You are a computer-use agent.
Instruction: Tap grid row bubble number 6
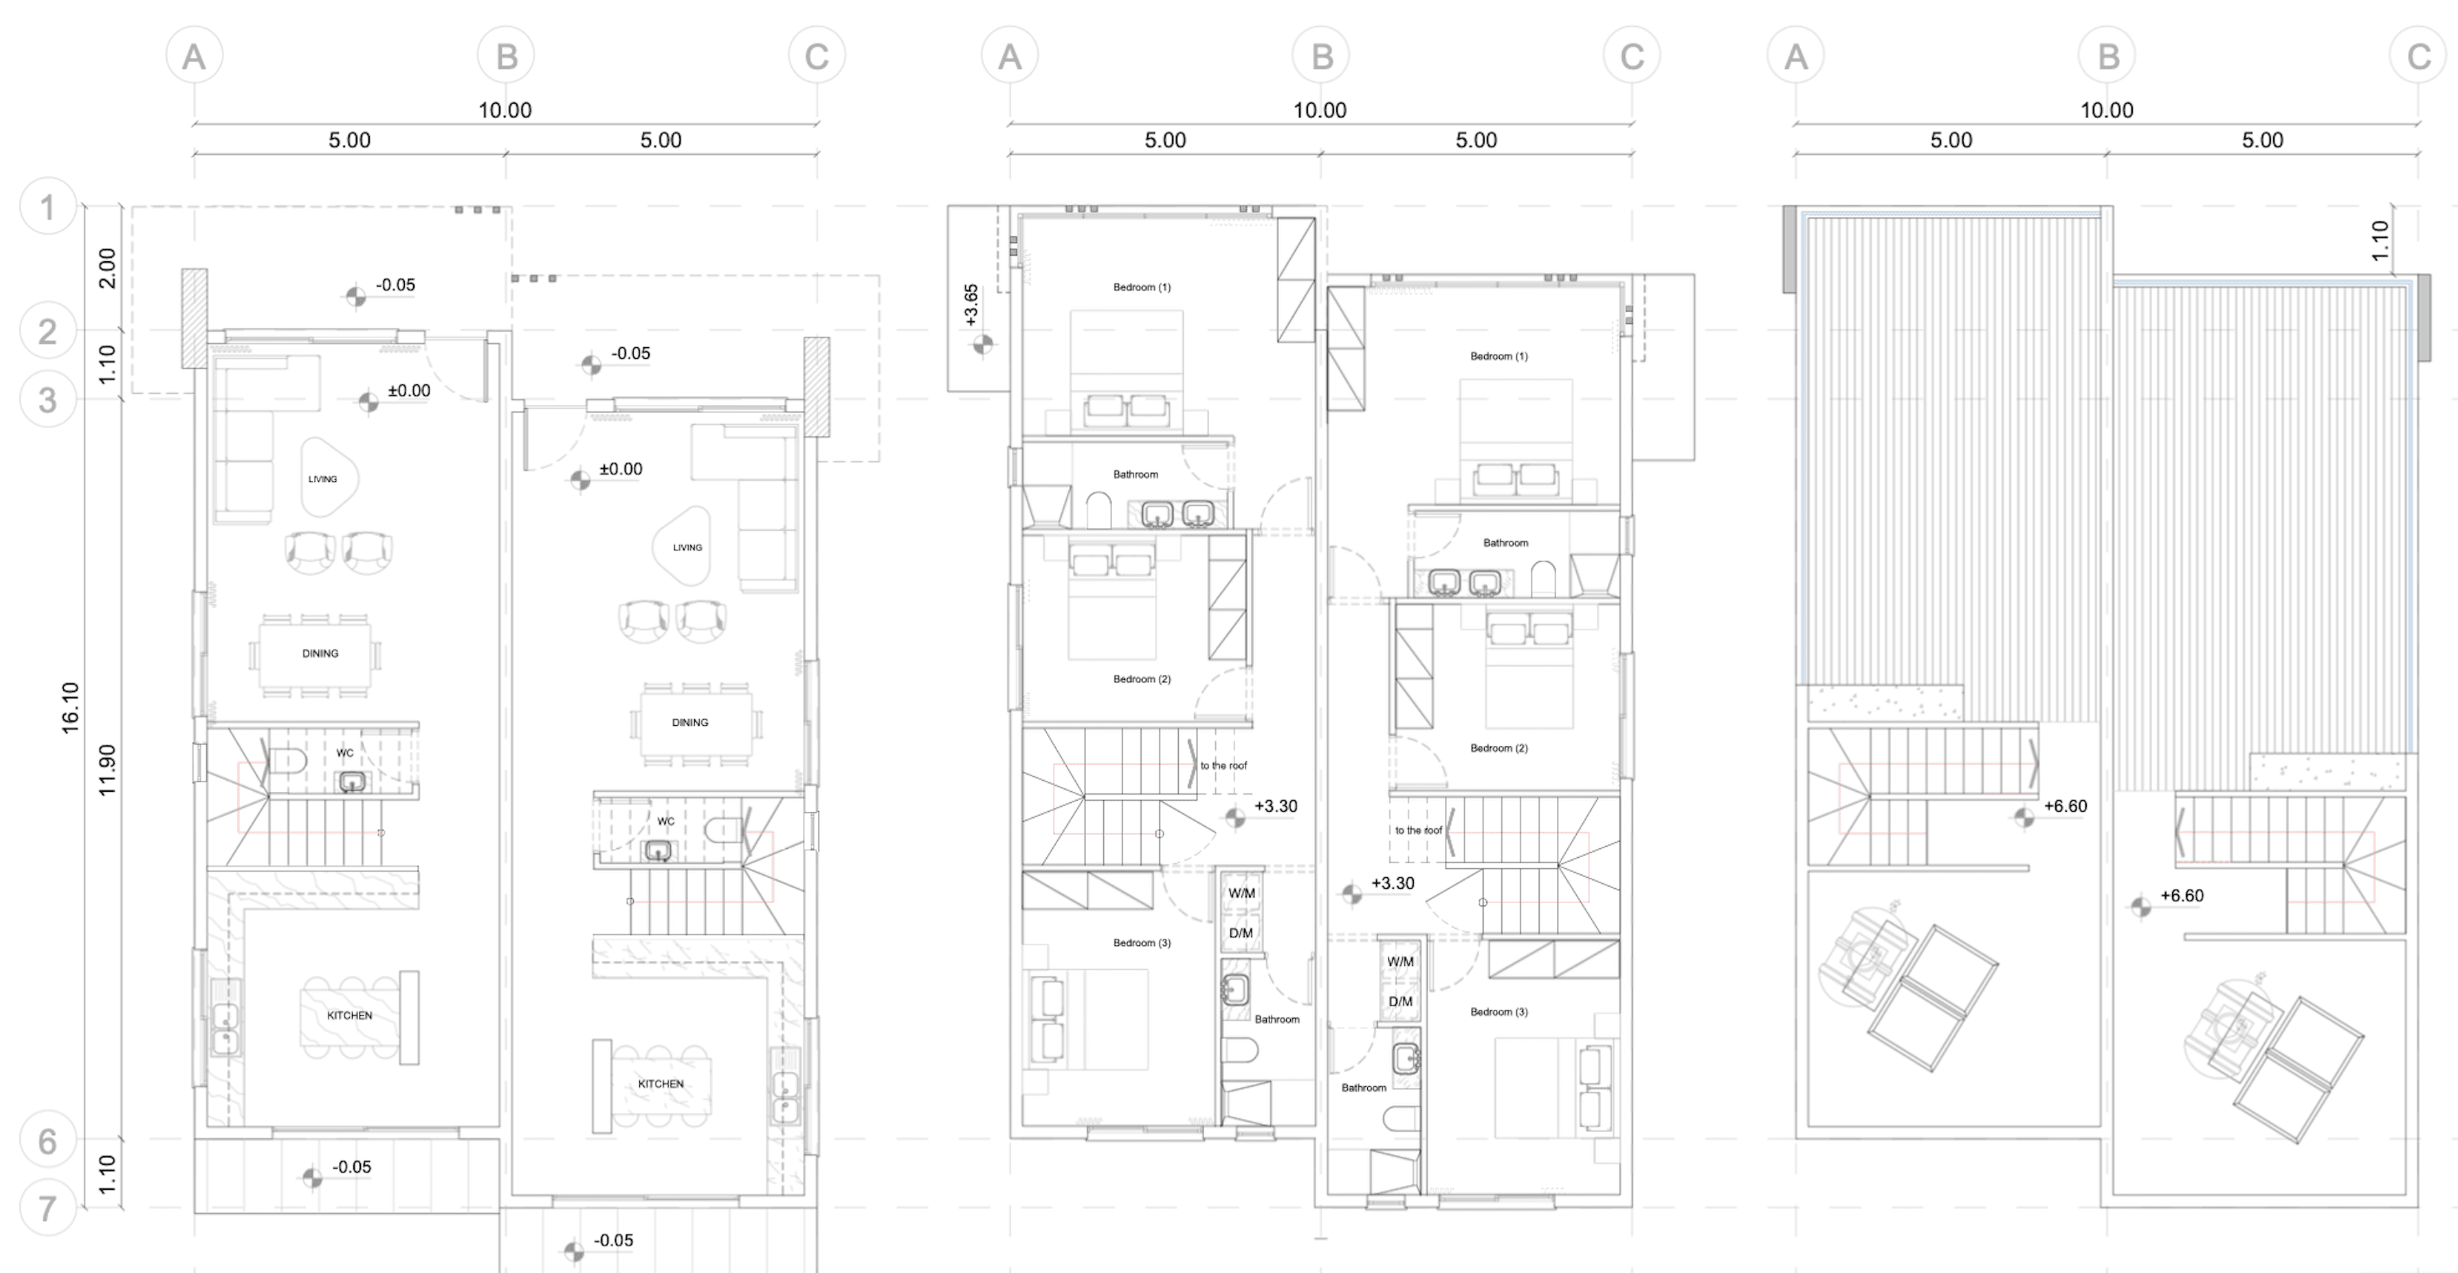(x=47, y=1140)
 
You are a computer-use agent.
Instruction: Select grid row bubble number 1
(x=47, y=207)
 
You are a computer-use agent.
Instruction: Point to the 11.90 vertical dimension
(x=107, y=769)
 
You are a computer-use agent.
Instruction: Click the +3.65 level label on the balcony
(x=971, y=305)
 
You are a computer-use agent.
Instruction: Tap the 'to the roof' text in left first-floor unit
(x=1224, y=765)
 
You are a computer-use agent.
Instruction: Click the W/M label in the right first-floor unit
(x=1399, y=962)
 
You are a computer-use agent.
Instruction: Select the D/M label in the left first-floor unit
(x=1241, y=932)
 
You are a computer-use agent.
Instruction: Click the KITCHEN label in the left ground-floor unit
(x=349, y=1015)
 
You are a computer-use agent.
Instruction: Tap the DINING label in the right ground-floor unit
(x=690, y=722)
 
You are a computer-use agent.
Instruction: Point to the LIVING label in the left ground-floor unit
(x=322, y=479)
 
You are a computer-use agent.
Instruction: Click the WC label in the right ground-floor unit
(x=665, y=821)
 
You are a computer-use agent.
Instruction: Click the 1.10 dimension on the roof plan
(x=2380, y=241)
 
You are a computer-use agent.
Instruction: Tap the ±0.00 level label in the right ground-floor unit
(x=620, y=469)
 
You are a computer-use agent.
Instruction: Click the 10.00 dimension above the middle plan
(x=1320, y=110)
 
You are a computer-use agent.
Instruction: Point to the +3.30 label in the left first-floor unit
(x=1275, y=806)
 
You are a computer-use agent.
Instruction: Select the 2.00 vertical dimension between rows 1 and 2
(x=107, y=268)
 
